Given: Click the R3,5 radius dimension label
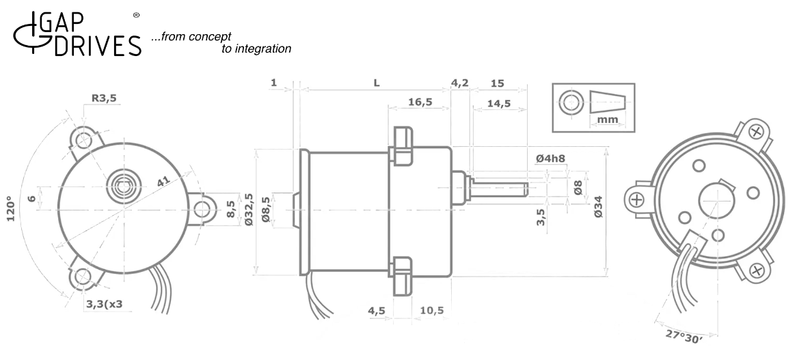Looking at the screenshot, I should pos(105,98).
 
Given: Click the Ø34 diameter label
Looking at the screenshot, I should pos(598,206).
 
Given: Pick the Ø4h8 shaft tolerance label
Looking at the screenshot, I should pos(551,158).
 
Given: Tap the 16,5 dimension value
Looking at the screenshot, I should pos(420,102).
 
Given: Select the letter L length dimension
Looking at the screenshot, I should pos(376,83).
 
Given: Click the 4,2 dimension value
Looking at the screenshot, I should pos(460,83).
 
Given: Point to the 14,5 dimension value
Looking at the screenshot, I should pos(500,103).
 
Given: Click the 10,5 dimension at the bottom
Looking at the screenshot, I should pos(432,310).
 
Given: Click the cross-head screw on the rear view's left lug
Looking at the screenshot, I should pos(636,199).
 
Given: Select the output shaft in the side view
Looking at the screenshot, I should pos(499,185).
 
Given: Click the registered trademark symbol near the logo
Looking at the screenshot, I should pos(135,14).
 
